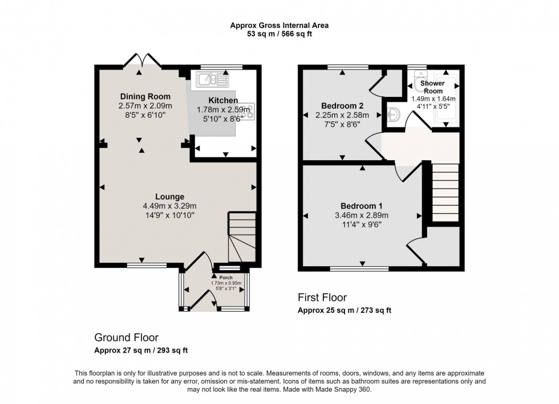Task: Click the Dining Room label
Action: pos(145,96)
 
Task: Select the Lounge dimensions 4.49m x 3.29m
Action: pos(169,206)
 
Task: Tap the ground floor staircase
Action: pos(238,237)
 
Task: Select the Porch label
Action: pos(226,278)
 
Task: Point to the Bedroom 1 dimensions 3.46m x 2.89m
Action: pos(361,215)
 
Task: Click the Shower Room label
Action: pos(432,87)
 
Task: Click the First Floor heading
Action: pos(322,297)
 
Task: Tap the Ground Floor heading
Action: pos(126,337)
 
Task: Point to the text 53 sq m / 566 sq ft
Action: pos(279,34)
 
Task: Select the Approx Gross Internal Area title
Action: pos(279,25)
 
